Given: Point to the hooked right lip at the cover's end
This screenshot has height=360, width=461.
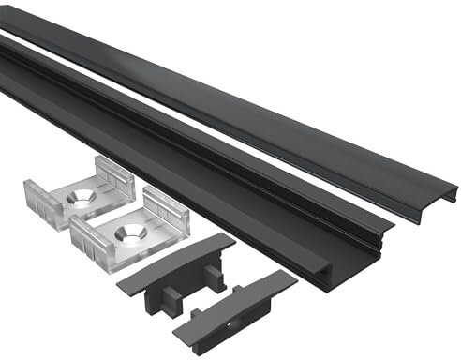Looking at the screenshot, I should [x=454, y=194].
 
